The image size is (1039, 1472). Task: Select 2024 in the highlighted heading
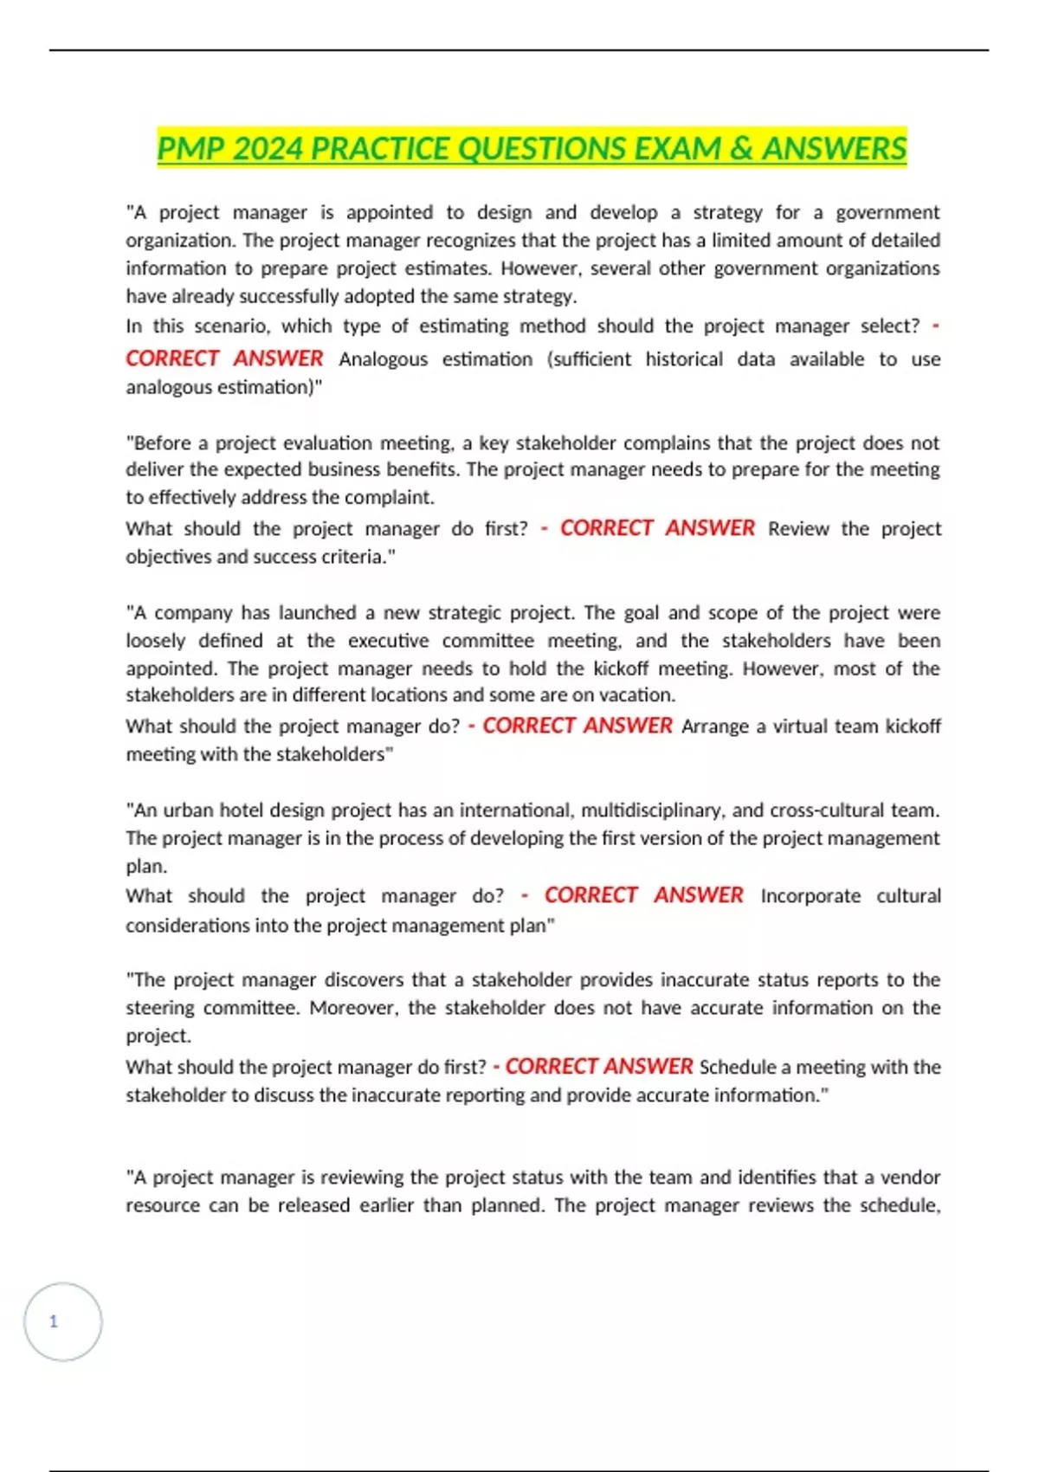268,148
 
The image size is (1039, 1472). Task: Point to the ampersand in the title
741,148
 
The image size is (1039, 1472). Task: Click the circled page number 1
55,1321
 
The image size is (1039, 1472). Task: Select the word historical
683,359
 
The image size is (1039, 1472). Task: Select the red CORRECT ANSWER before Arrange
577,726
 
